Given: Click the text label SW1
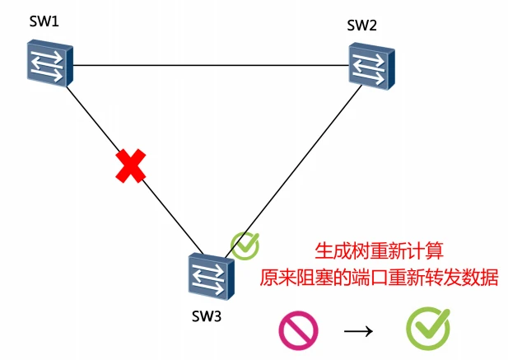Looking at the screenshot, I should pos(43,20).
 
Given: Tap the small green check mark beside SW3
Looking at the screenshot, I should pos(245,245).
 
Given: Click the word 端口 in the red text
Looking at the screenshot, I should pos(359,276).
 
